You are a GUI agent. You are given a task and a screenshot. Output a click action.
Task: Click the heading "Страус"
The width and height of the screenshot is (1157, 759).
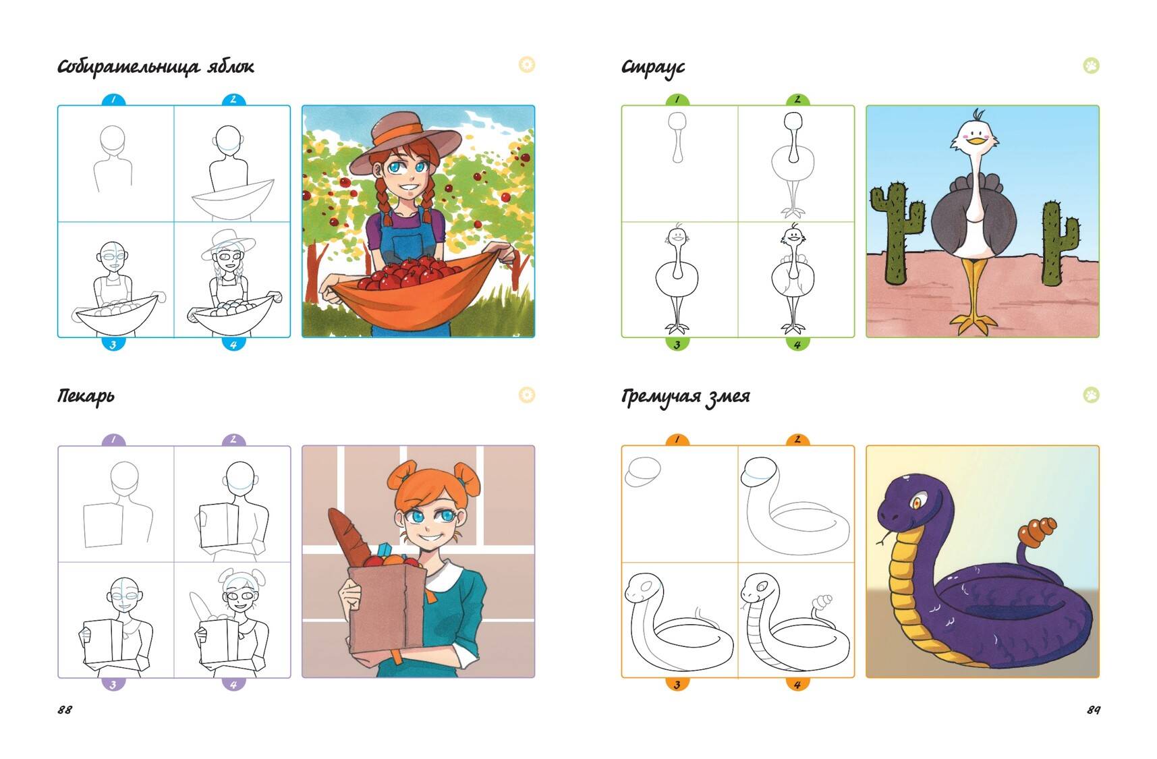point(652,67)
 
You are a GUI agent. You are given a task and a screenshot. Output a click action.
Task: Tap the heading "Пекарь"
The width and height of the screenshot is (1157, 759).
point(86,396)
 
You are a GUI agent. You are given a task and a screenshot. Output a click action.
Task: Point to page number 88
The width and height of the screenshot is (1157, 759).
point(65,710)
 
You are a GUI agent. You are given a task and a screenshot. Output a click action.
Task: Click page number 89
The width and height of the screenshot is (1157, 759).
point(1094,710)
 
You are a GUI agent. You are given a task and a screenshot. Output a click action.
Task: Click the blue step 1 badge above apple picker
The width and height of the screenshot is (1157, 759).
point(113,100)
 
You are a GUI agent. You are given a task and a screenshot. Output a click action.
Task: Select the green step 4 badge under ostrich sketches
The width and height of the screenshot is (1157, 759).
point(797,344)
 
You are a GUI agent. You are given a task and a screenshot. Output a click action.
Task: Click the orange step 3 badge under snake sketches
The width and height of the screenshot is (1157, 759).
point(677,684)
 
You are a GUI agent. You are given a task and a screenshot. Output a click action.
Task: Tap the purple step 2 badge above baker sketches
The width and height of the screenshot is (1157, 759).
point(233,440)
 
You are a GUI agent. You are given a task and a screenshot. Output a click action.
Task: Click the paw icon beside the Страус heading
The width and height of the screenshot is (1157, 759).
point(1091,65)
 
